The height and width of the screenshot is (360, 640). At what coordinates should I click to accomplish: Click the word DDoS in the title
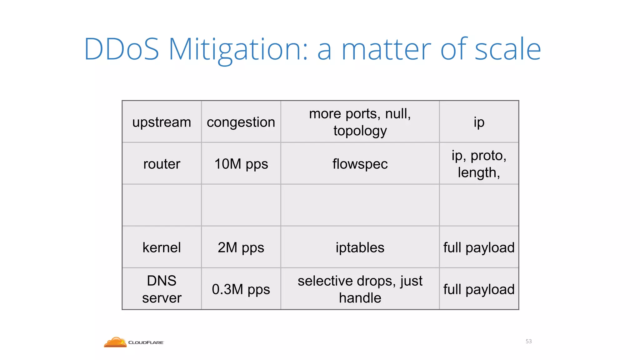122,49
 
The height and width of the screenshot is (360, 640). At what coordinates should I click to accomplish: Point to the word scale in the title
507,49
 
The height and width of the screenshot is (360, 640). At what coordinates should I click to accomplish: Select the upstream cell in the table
162,122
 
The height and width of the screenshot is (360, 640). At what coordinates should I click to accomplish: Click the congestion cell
241,122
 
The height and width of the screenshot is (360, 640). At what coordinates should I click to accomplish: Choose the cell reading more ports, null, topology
360,122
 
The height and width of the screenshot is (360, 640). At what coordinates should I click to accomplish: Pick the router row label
162,164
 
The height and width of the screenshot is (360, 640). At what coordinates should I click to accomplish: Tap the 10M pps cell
241,164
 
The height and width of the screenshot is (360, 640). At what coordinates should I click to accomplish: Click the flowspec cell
360,164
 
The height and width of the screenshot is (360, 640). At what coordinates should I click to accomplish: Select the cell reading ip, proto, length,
479,164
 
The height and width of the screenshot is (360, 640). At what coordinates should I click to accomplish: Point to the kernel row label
162,247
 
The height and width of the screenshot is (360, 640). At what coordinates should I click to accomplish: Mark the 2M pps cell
241,247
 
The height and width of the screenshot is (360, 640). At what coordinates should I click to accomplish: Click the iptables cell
360,247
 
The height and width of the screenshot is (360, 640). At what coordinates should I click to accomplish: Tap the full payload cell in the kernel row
479,247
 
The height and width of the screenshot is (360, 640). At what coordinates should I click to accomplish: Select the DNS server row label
162,289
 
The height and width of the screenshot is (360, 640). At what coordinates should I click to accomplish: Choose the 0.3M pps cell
241,289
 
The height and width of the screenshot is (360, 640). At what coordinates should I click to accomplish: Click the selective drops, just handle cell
360,289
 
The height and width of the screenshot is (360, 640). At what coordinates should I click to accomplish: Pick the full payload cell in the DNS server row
479,289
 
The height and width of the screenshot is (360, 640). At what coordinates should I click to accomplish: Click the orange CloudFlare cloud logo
115,342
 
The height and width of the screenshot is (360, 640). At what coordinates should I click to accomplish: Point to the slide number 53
528,341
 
